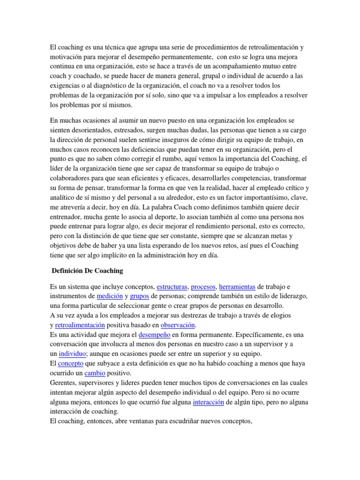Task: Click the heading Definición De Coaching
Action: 87,270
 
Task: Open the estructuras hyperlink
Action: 172,286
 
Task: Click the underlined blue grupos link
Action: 139,296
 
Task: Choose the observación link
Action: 177,325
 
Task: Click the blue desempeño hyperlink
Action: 154,335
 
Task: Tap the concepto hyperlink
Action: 70,364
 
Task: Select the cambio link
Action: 95,374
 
